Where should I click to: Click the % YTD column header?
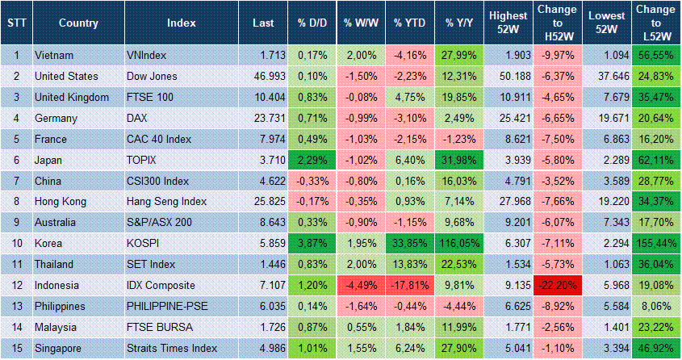coord(410,23)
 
